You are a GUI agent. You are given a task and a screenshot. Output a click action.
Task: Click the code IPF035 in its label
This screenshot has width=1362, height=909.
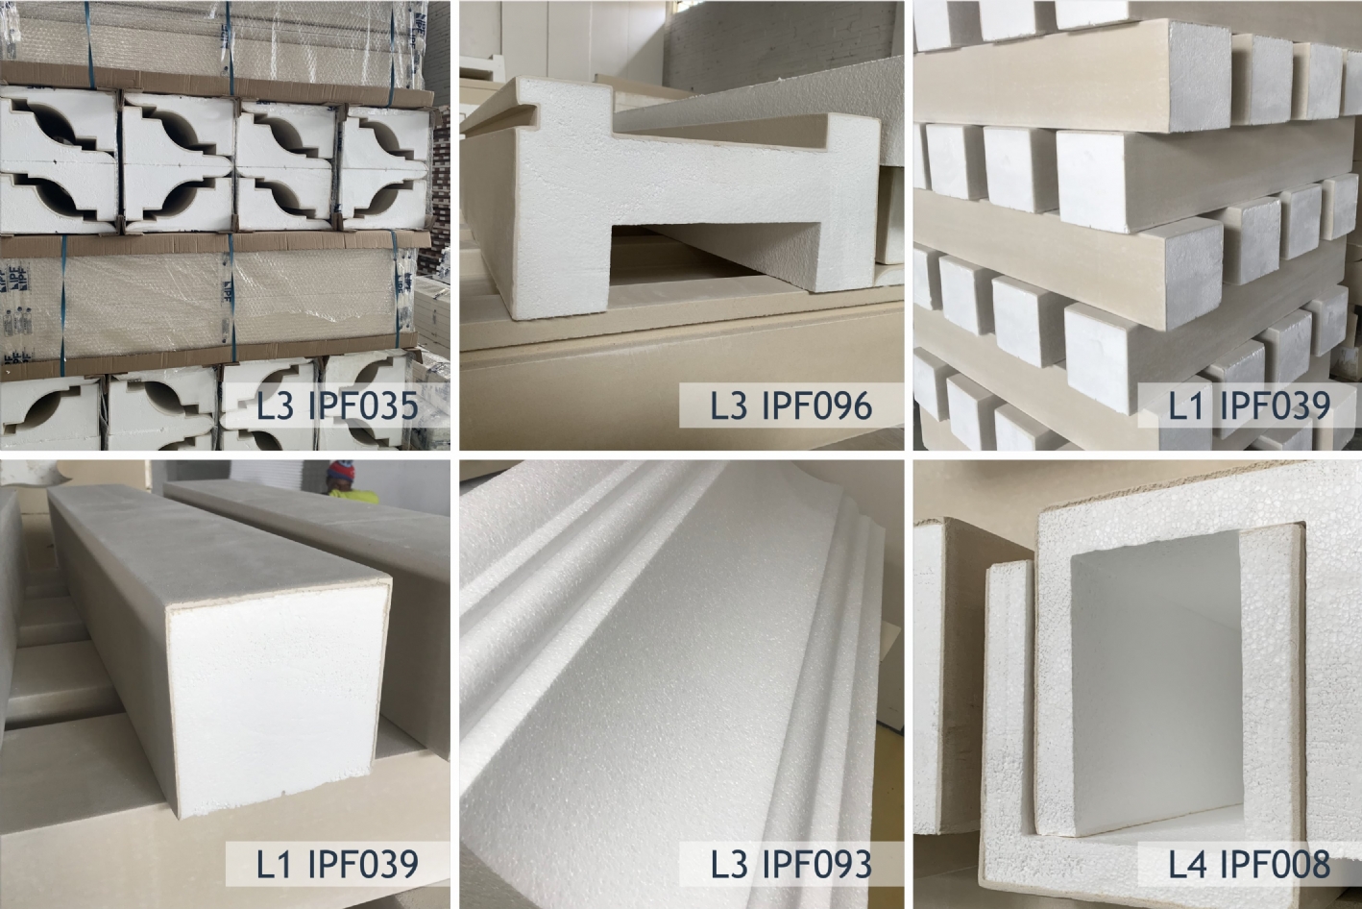pos(363,405)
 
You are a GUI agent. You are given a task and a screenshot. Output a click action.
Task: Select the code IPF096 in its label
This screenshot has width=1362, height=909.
pos(817,405)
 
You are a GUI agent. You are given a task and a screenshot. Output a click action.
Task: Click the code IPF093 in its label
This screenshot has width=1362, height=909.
pos(817,864)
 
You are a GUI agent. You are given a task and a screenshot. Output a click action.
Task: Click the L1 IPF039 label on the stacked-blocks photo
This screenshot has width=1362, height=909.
pos(1249,405)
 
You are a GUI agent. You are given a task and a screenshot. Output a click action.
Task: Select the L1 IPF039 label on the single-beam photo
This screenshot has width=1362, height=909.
pos(337,864)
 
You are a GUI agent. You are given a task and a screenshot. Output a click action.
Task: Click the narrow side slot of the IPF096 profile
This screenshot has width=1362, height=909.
pos(501,117)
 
